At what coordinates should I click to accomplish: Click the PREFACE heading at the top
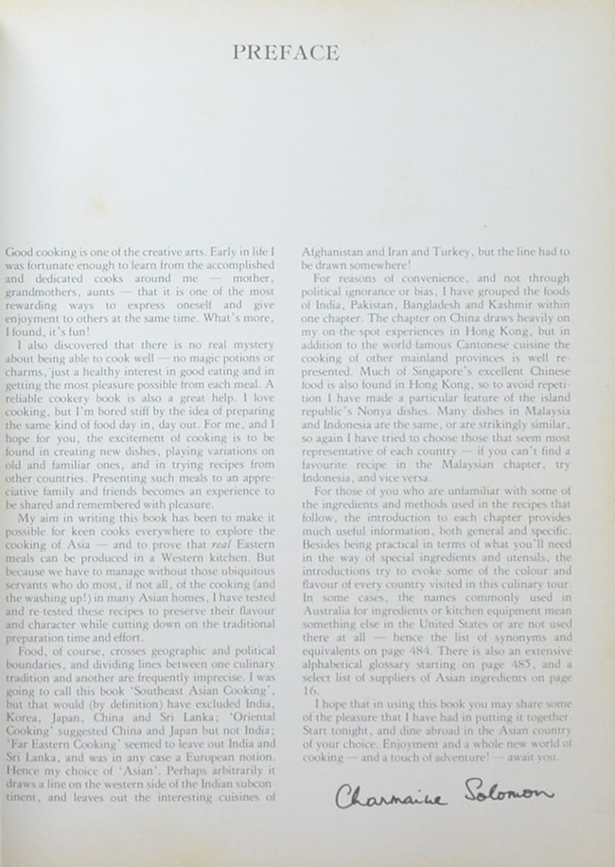pyautogui.click(x=286, y=53)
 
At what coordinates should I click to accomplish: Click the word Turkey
pyautogui.click(x=475, y=253)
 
